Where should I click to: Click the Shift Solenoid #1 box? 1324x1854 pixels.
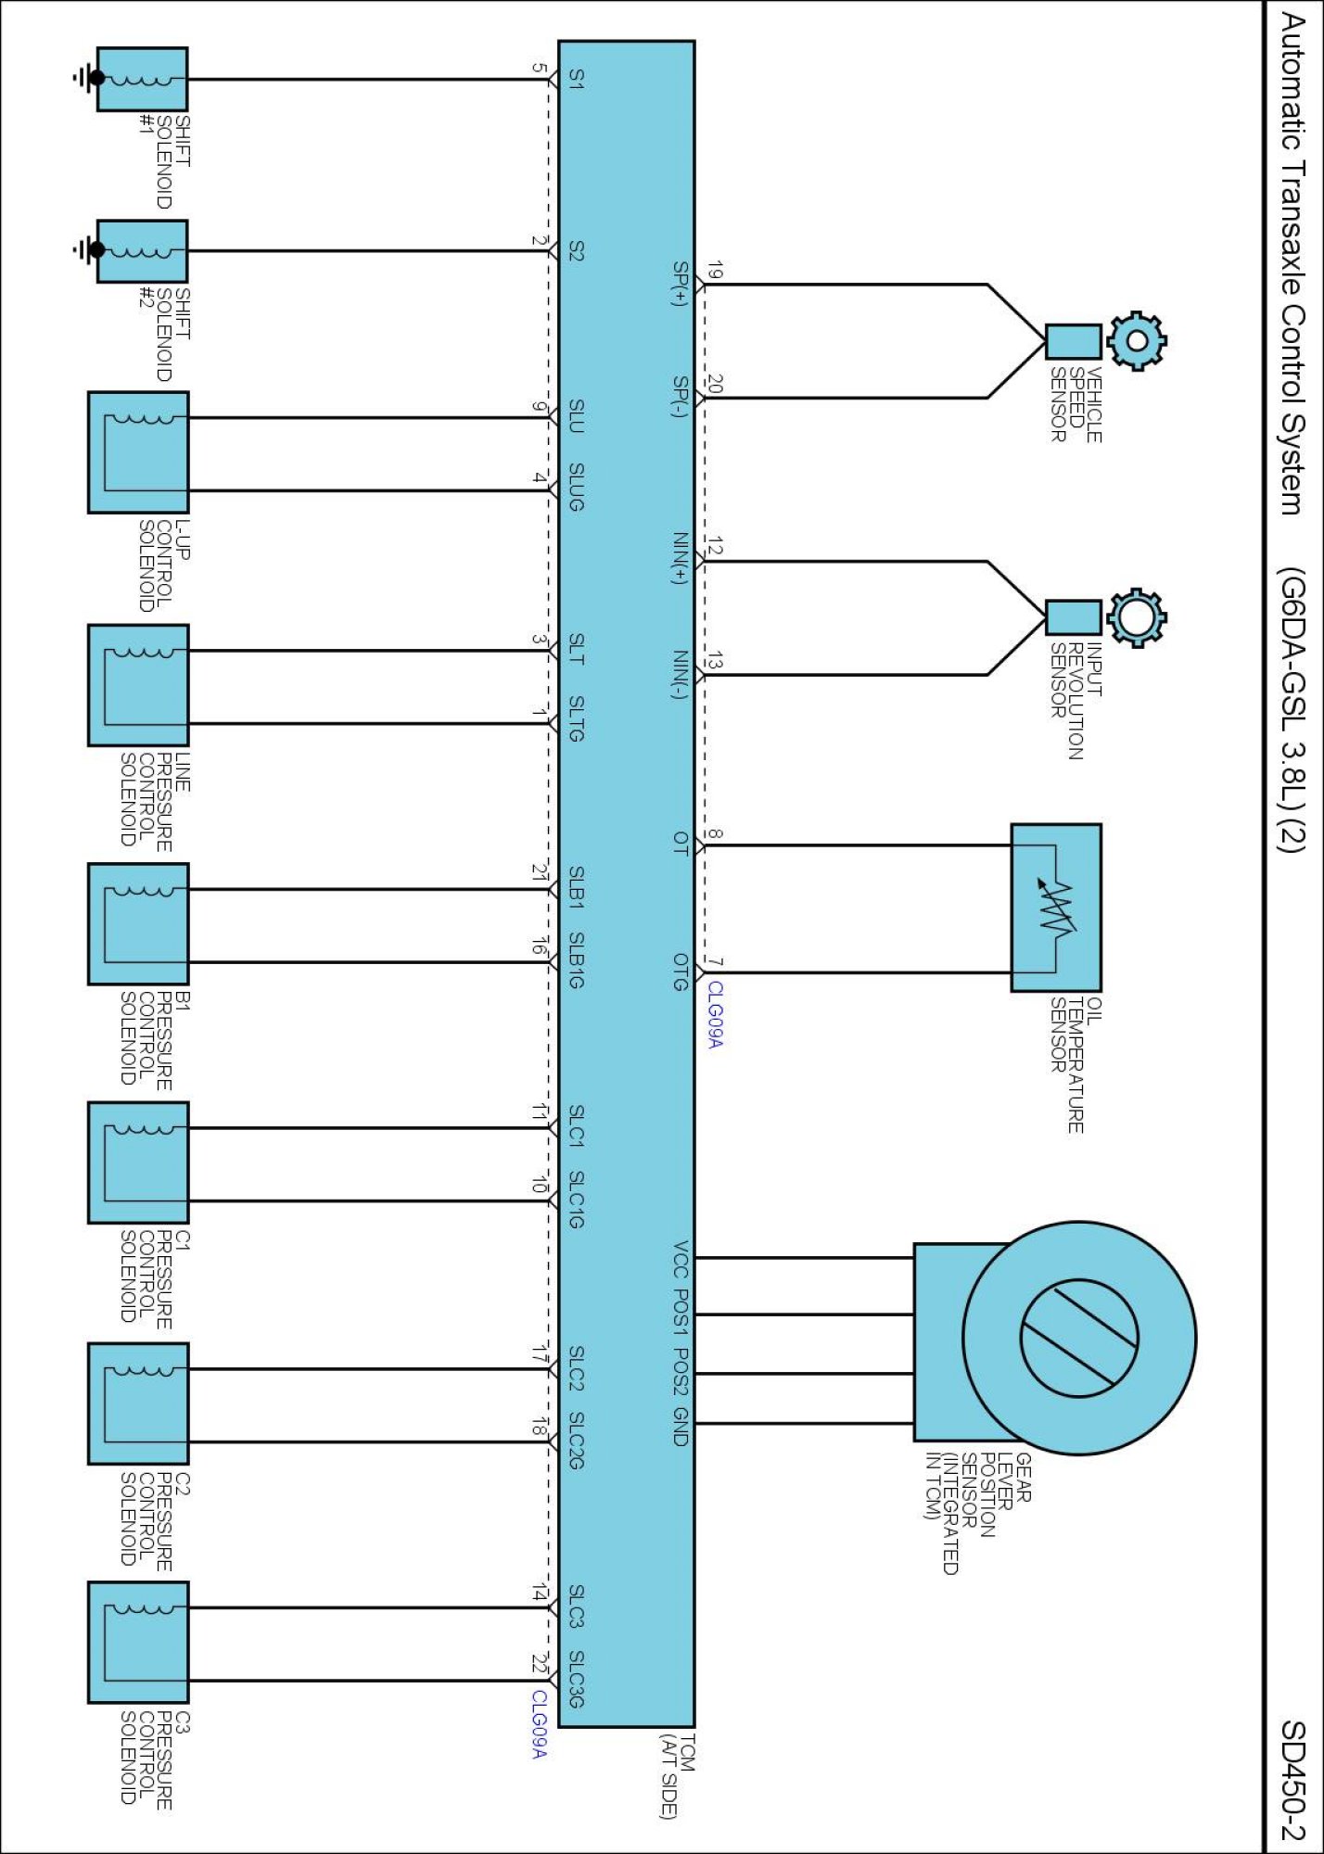pyautogui.click(x=142, y=80)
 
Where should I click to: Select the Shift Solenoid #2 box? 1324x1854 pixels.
pyautogui.click(x=142, y=251)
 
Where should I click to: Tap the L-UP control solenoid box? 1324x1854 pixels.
pyautogui.click(x=138, y=452)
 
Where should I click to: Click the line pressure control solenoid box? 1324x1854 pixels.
pyautogui.click(x=138, y=685)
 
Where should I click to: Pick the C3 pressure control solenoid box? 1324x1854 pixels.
pyautogui.click(x=138, y=1643)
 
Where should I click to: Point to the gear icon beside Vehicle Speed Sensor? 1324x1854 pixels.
pyautogui.click(x=1137, y=341)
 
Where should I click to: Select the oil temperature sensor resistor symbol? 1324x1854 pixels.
pyautogui.click(x=1056, y=908)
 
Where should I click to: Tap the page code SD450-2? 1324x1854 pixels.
pyautogui.click(x=1292, y=1780)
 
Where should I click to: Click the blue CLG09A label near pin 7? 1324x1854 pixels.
pyautogui.click(x=715, y=1015)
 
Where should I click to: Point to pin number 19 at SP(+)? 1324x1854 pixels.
pyautogui.click(x=714, y=271)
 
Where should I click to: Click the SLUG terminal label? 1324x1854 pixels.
pyautogui.click(x=576, y=488)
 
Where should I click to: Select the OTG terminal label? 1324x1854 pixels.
pyautogui.click(x=681, y=972)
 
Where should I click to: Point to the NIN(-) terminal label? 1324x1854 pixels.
pyautogui.click(x=681, y=675)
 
